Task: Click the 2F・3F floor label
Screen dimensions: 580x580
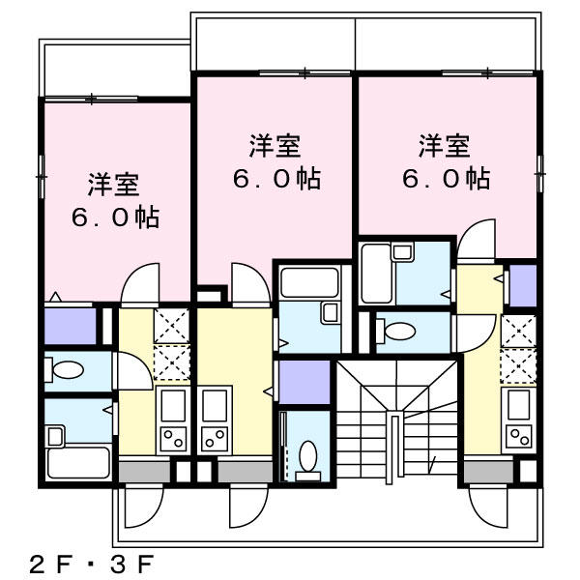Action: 91,564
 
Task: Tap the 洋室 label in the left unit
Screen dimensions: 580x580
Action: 113,185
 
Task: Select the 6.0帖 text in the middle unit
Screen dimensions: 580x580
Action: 276,179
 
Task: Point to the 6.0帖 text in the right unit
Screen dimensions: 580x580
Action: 446,179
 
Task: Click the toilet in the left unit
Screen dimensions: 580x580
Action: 65,369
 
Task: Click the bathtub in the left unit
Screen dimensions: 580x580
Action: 79,462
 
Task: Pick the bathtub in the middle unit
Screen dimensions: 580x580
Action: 309,282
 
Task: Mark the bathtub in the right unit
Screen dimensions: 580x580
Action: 376,274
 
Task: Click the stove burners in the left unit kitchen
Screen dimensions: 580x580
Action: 173,438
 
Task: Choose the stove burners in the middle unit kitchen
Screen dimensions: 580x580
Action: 215,438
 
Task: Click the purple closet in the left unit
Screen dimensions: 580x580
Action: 71,326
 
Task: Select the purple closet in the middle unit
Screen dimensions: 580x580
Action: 304,382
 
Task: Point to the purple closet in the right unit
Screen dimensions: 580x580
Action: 523,285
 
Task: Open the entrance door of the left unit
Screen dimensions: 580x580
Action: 142,506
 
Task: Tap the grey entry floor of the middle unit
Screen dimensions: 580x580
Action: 245,472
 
